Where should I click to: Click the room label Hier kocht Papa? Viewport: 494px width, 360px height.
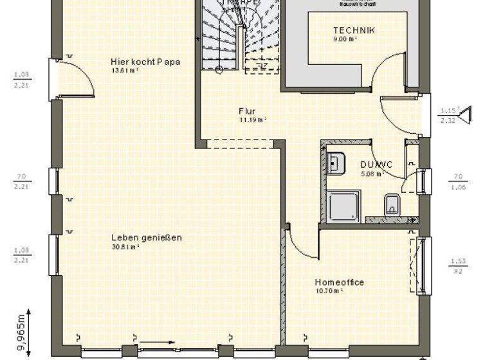pos(145,62)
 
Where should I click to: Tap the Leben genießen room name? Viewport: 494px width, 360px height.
pos(145,237)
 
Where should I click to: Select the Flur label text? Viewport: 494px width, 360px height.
pos(247,111)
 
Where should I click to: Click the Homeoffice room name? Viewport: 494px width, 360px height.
pos(339,282)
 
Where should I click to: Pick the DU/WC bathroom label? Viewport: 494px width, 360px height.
pos(372,164)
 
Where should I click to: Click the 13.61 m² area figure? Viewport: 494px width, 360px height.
pos(125,71)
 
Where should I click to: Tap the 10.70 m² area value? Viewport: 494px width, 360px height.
pos(329,291)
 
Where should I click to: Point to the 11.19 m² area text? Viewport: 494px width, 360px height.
pos(253,120)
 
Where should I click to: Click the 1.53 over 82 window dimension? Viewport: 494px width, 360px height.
pos(458,265)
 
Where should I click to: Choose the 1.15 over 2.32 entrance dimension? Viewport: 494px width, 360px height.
pos(448,114)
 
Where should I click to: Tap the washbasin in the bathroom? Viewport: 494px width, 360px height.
pos(335,163)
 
